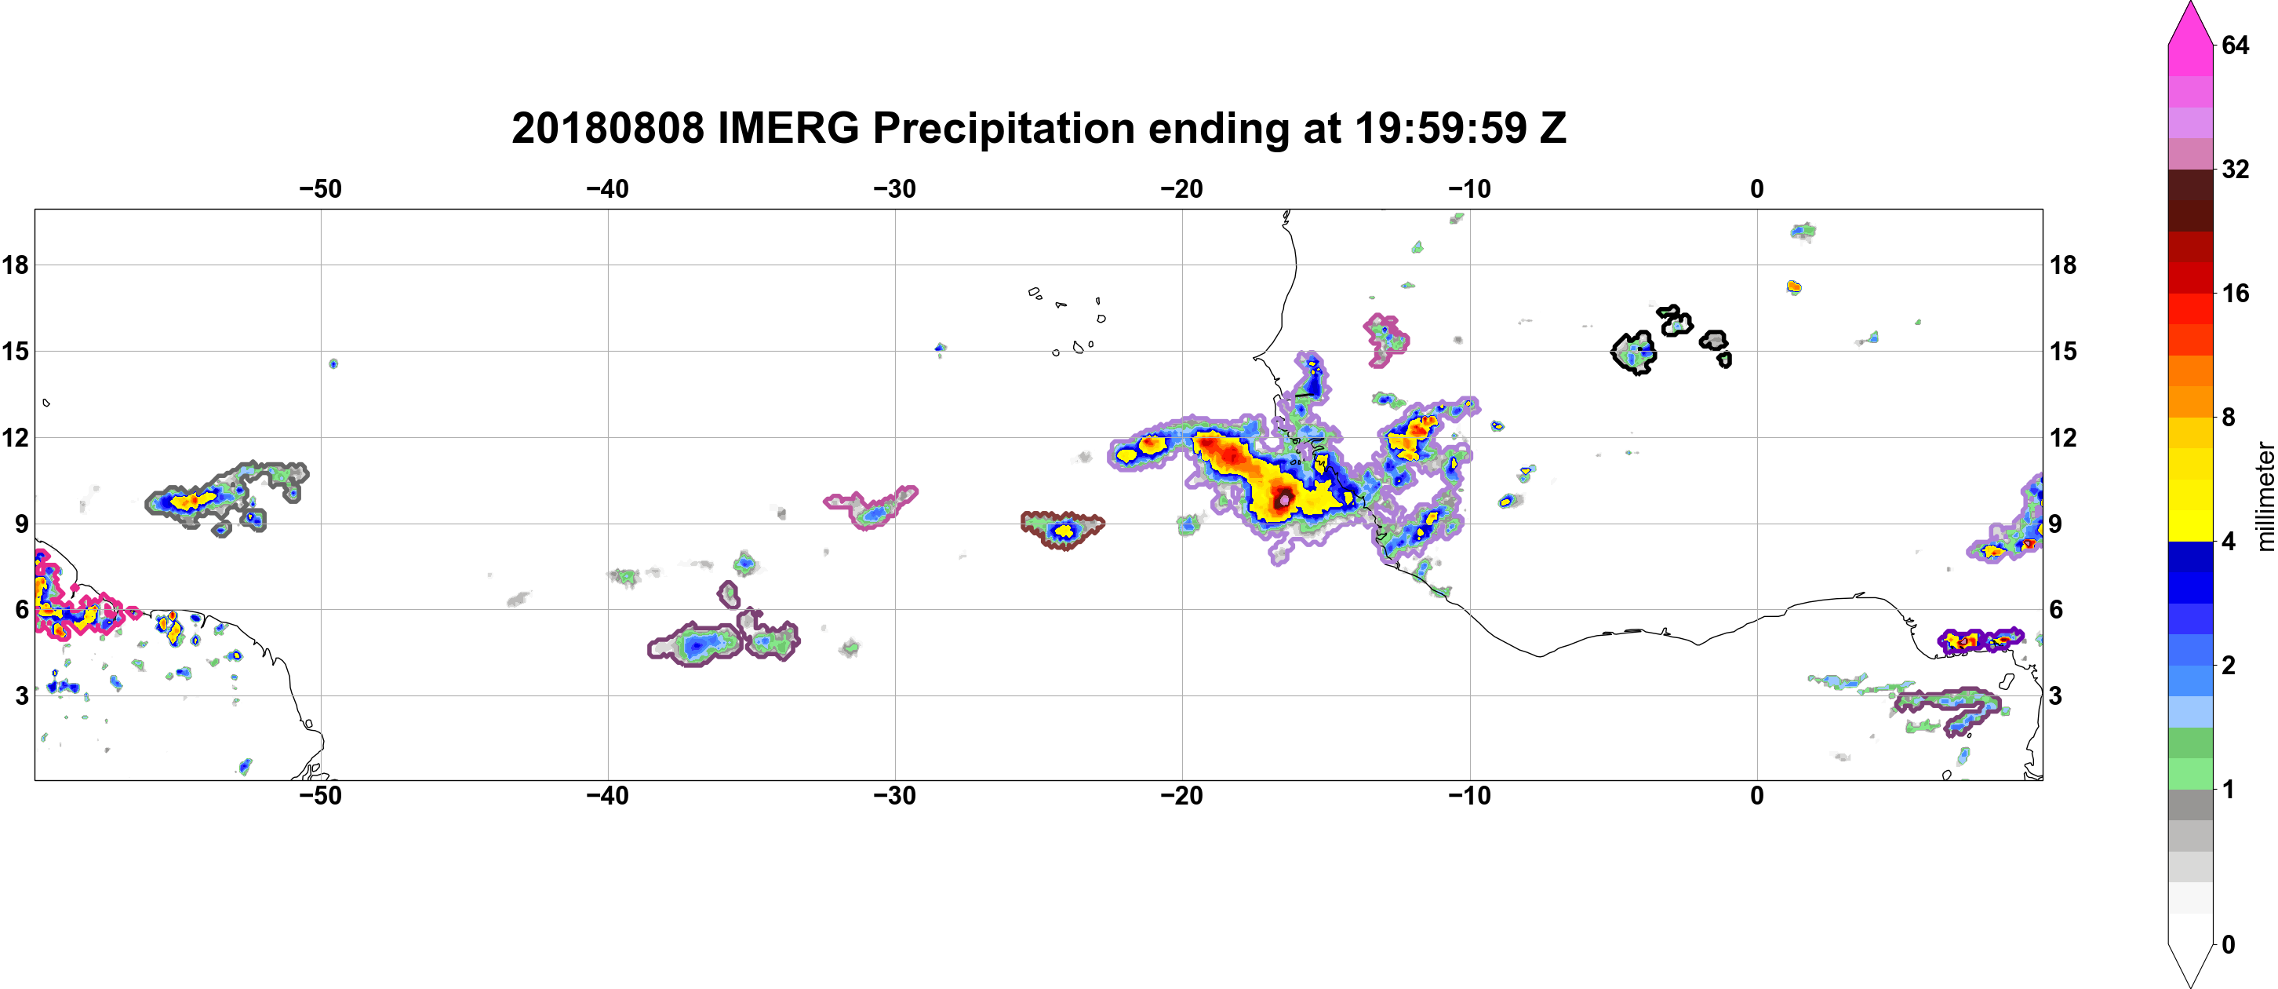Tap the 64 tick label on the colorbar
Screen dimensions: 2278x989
pyautogui.click(x=2235, y=45)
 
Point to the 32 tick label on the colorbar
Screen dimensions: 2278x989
pyautogui.click(x=2235, y=169)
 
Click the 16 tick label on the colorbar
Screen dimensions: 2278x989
pyautogui.click(x=2235, y=293)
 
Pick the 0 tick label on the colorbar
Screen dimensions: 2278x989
pyautogui.click(x=2229, y=944)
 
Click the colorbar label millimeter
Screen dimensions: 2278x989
pyautogui.click(x=2265, y=496)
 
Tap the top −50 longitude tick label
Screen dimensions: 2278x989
pyautogui.click(x=320, y=188)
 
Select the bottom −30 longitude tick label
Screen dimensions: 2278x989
pyautogui.click(x=895, y=795)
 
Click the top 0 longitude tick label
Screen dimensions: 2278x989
pyautogui.click(x=1757, y=188)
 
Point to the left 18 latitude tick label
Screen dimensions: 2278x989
pyautogui.click(x=15, y=265)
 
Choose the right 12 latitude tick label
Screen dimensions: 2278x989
pyautogui.click(x=2063, y=437)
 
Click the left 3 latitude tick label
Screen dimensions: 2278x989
pyautogui.click(x=21, y=695)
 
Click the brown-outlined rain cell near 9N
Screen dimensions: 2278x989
pyautogui.click(x=1062, y=530)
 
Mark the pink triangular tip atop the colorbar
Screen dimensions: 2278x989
pyautogui.click(x=2190, y=22)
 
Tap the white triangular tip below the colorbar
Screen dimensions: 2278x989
pyautogui.click(x=2190, y=964)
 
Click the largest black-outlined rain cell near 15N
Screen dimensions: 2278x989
pyautogui.click(x=1633, y=353)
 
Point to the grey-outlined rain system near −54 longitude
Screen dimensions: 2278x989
pyautogui.click(x=227, y=495)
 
